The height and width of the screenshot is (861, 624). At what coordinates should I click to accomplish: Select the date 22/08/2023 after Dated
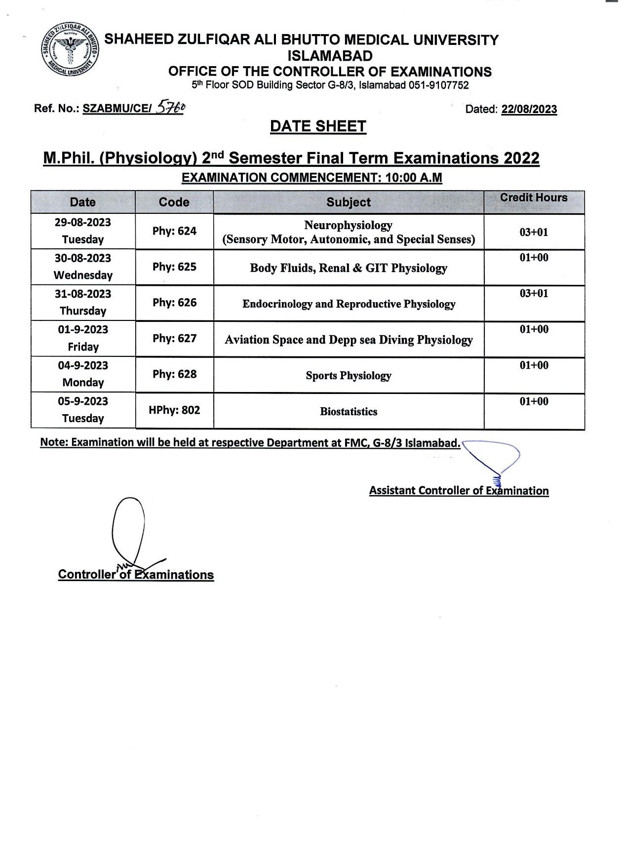point(529,109)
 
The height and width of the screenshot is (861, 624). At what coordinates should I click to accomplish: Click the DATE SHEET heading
point(318,126)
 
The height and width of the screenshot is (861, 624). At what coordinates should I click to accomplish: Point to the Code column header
point(174,202)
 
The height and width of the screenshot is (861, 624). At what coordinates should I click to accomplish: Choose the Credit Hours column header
point(533,198)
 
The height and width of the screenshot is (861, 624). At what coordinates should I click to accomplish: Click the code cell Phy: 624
point(174,231)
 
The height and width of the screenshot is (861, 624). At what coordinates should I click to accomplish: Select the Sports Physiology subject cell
point(348,376)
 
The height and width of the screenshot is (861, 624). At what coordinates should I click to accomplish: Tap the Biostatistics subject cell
point(348,412)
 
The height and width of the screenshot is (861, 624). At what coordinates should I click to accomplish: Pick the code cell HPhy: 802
point(174,410)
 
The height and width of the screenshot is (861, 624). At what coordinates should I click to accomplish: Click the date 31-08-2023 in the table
point(83,294)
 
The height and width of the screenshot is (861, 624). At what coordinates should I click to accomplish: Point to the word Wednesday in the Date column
point(83,275)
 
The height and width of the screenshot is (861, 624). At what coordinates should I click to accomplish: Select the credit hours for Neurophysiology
point(533,232)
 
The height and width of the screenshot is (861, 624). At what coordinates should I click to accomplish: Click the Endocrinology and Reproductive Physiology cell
point(348,304)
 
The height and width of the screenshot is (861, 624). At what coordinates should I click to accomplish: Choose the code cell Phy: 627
point(174,338)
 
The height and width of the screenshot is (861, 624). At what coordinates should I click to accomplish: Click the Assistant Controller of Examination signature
point(494,462)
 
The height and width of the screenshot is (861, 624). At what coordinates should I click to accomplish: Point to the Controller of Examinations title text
point(136,575)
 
